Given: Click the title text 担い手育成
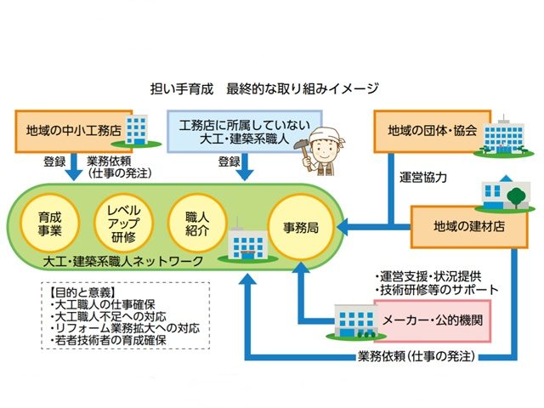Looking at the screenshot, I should click(x=177, y=88).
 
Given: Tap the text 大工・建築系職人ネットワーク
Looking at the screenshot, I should click(x=127, y=259).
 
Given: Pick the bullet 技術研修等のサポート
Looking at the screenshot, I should click(x=436, y=290).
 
